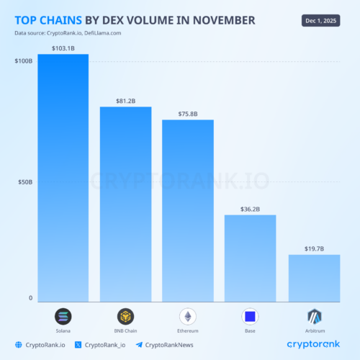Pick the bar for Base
click(x=250, y=258)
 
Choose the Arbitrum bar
click(x=313, y=278)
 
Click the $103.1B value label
click(x=63, y=48)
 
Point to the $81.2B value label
click(x=126, y=100)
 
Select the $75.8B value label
click(x=188, y=113)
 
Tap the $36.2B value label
click(x=250, y=209)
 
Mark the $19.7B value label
click(x=313, y=248)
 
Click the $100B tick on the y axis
click(x=24, y=62)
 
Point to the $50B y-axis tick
click(x=25, y=182)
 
